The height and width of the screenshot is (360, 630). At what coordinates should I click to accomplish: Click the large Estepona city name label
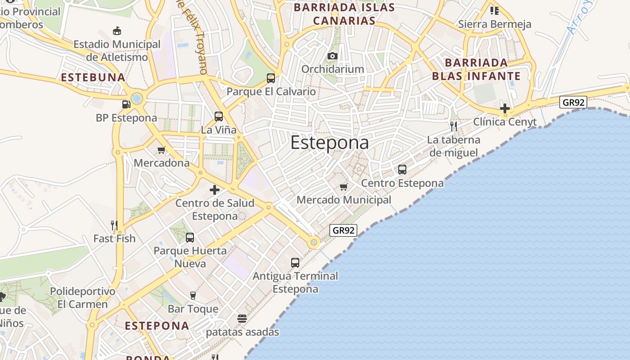pyautogui.click(x=329, y=143)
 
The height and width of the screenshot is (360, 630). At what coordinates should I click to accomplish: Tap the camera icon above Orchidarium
pyautogui.click(x=333, y=56)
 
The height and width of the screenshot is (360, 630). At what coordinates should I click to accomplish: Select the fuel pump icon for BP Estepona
pyautogui.click(x=126, y=104)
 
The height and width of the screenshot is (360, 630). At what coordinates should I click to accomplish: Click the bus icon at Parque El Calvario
pyautogui.click(x=271, y=78)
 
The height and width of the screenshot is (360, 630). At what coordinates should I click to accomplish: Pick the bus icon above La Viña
pyautogui.click(x=219, y=117)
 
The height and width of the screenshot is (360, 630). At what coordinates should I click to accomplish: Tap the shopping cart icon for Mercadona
pyautogui.click(x=162, y=150)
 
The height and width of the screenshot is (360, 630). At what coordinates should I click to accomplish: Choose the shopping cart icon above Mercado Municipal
pyautogui.click(x=344, y=187)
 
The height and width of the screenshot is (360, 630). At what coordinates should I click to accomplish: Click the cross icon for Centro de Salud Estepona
pyautogui.click(x=215, y=189)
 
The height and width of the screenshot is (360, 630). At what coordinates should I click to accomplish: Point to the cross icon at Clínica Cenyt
pyautogui.click(x=505, y=108)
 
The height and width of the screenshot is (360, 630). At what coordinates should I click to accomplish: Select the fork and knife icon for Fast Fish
pyautogui.click(x=114, y=225)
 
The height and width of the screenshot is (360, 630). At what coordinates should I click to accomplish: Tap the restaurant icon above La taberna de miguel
pyautogui.click(x=454, y=126)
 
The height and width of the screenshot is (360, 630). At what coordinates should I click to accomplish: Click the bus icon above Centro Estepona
pyautogui.click(x=402, y=170)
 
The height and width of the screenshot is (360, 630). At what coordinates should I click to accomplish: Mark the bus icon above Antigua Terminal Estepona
pyautogui.click(x=295, y=262)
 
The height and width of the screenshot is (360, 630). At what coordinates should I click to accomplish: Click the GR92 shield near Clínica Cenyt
pyautogui.click(x=574, y=102)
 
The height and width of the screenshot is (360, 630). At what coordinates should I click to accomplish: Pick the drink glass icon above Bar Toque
pyautogui.click(x=193, y=295)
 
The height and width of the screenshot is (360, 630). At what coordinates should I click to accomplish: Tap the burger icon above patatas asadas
pyautogui.click(x=242, y=319)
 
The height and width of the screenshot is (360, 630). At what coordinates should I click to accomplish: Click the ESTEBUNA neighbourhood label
pyautogui.click(x=93, y=77)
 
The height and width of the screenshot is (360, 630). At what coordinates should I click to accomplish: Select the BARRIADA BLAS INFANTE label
pyautogui.click(x=476, y=69)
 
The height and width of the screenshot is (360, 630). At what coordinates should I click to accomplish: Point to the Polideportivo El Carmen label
pyautogui.click(x=82, y=297)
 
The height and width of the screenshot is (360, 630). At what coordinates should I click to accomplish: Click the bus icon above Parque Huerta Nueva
pyautogui.click(x=190, y=237)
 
